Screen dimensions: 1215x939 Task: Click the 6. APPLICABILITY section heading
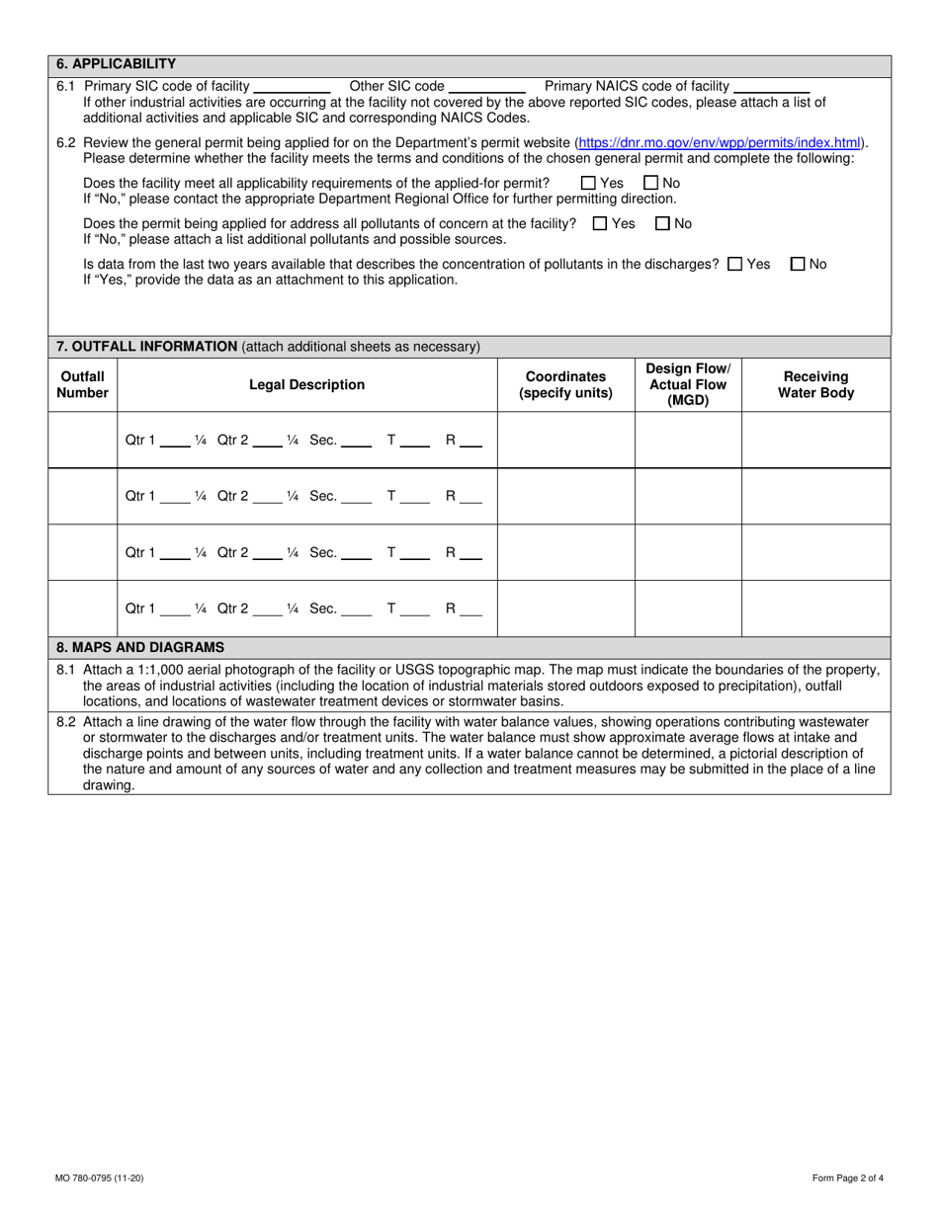(x=117, y=64)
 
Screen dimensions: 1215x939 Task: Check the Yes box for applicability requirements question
(x=588, y=183)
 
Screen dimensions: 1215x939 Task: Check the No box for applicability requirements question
(x=650, y=183)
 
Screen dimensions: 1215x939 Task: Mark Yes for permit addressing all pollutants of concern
(x=600, y=224)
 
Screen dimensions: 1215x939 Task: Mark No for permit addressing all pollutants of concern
(x=663, y=224)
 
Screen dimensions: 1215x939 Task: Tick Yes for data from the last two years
(x=734, y=265)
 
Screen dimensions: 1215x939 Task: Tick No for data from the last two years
(x=799, y=265)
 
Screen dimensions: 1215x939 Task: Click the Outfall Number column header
(x=82, y=385)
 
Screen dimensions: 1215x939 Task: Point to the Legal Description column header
(x=306, y=385)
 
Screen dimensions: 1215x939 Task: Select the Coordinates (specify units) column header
(x=565, y=385)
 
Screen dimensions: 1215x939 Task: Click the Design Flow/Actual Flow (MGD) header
(x=688, y=385)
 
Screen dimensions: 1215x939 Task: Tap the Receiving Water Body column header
(x=815, y=385)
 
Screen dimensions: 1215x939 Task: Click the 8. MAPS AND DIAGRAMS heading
(x=140, y=648)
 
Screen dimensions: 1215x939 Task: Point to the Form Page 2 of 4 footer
(x=847, y=1177)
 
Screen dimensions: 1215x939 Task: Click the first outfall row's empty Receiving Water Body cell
(x=815, y=441)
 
